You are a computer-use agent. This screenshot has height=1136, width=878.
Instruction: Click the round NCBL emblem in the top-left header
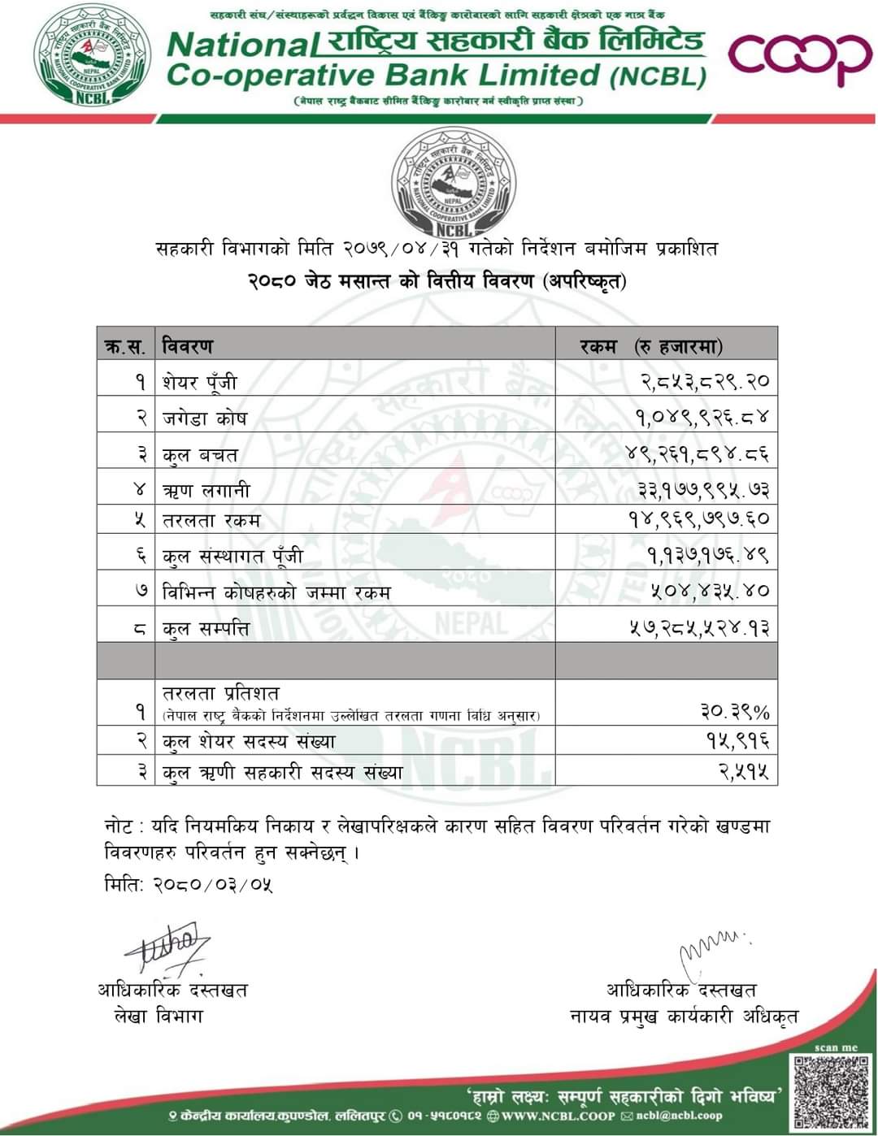click(x=92, y=57)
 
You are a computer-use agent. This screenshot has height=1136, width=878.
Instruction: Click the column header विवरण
click(x=188, y=345)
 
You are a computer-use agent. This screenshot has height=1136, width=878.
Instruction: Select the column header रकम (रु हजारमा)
click(x=651, y=346)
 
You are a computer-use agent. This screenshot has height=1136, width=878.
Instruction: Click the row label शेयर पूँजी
click(x=200, y=382)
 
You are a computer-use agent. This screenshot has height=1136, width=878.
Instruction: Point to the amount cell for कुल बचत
click(x=698, y=453)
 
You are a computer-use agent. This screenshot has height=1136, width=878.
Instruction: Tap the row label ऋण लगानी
click(x=206, y=490)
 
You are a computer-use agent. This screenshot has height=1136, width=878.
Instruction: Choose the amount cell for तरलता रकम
click(x=698, y=519)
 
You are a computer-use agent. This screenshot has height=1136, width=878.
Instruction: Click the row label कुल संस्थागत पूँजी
click(x=233, y=556)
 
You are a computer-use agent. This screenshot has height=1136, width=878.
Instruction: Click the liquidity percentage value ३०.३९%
click(x=735, y=712)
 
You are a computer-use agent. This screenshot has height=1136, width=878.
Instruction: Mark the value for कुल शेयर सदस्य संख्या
click(x=737, y=741)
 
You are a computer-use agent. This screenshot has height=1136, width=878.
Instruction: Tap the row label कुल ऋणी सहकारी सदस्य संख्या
click(x=282, y=772)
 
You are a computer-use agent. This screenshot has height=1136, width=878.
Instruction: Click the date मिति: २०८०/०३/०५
click(x=189, y=883)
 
